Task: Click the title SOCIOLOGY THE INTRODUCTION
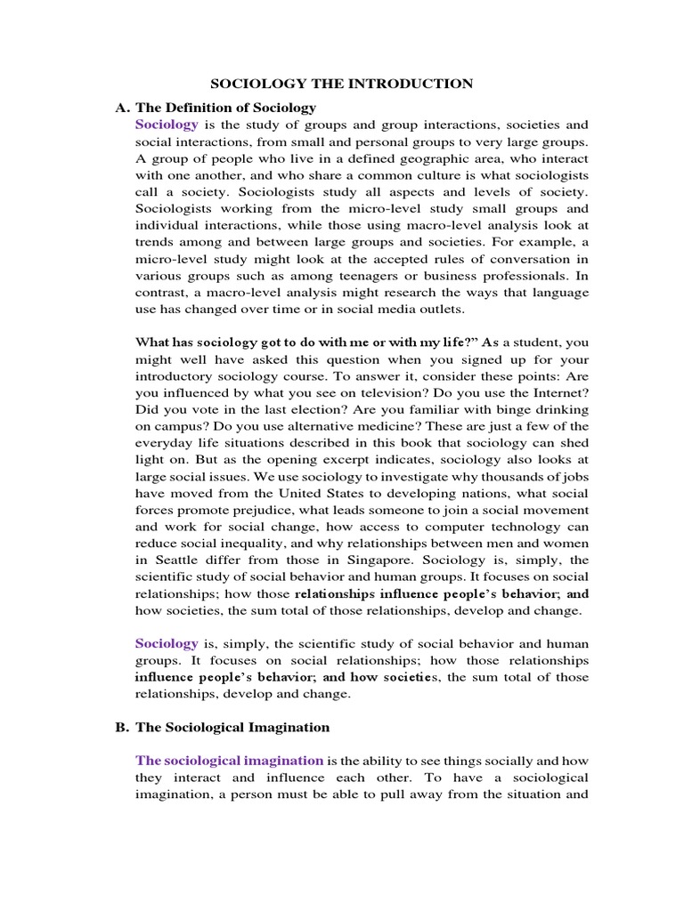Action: (x=341, y=85)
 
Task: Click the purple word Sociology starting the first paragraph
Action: (x=167, y=125)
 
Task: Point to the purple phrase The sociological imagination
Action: (x=229, y=761)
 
